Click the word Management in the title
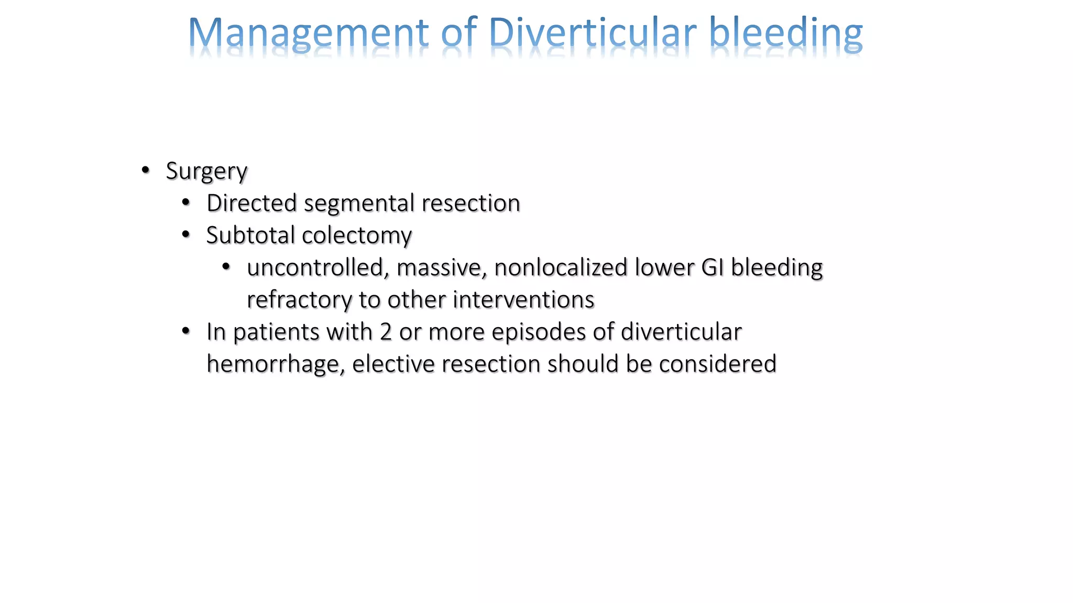308,33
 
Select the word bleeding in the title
785,33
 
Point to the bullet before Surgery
146,170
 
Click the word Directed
251,203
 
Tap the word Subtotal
250,235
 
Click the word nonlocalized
561,267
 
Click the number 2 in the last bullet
386,332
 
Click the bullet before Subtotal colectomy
186,235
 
